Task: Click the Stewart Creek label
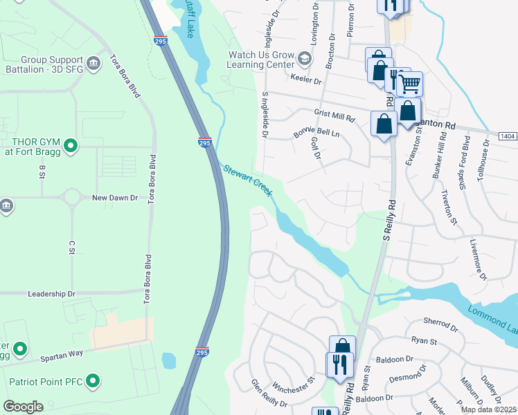tap(247, 179)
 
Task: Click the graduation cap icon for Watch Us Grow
tap(303, 59)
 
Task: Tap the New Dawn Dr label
tap(115, 198)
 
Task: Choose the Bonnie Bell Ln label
tap(316, 131)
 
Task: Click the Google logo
tap(23, 407)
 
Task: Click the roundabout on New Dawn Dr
tap(71, 198)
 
